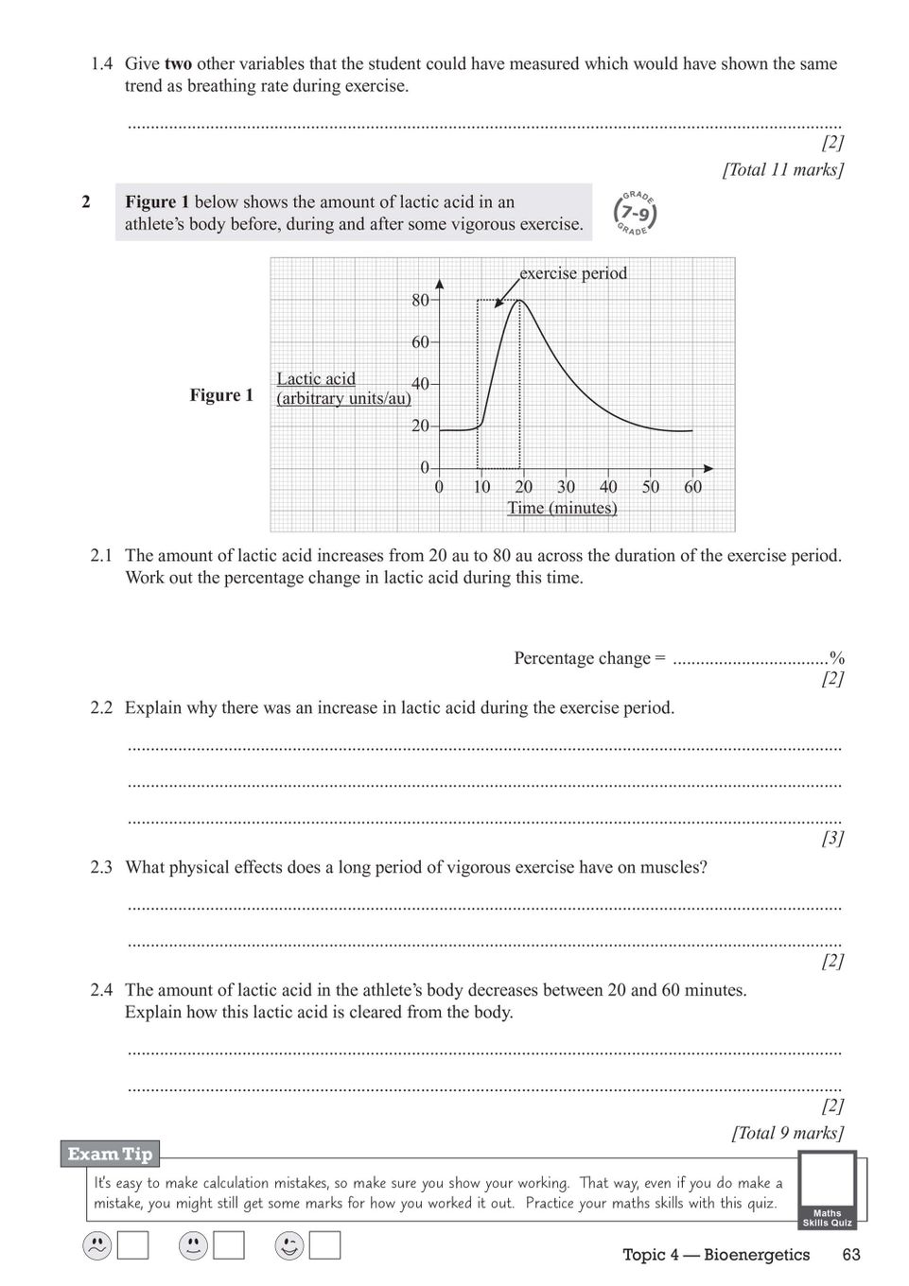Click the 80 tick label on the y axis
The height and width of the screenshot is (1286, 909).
click(x=420, y=300)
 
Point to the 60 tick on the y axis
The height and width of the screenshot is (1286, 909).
click(x=420, y=341)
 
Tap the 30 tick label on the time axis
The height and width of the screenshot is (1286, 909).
click(x=566, y=487)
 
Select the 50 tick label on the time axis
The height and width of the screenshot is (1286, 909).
click(x=651, y=487)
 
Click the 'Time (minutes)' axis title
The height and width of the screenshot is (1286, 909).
click(x=562, y=508)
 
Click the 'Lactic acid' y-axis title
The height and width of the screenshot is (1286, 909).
click(x=316, y=378)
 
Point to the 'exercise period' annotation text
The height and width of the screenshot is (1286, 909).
click(x=573, y=273)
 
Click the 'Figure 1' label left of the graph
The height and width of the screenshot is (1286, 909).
click(x=221, y=395)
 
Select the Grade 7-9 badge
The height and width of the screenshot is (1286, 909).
click(x=635, y=214)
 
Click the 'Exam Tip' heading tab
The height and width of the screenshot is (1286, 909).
click(x=110, y=1154)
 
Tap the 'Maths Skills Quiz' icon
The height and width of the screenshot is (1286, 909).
click(x=827, y=1189)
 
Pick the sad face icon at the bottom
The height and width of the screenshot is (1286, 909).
click(x=96, y=1246)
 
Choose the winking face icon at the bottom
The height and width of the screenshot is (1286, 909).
click(x=288, y=1246)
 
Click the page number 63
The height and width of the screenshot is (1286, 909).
click(x=851, y=1255)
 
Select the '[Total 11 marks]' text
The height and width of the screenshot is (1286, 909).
click(x=782, y=170)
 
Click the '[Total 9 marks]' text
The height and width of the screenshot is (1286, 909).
click(x=787, y=1133)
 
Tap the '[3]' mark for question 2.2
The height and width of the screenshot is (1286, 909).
click(x=832, y=838)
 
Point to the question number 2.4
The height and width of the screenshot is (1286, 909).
click(x=101, y=990)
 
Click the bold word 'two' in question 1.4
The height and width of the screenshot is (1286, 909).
click(x=178, y=64)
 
